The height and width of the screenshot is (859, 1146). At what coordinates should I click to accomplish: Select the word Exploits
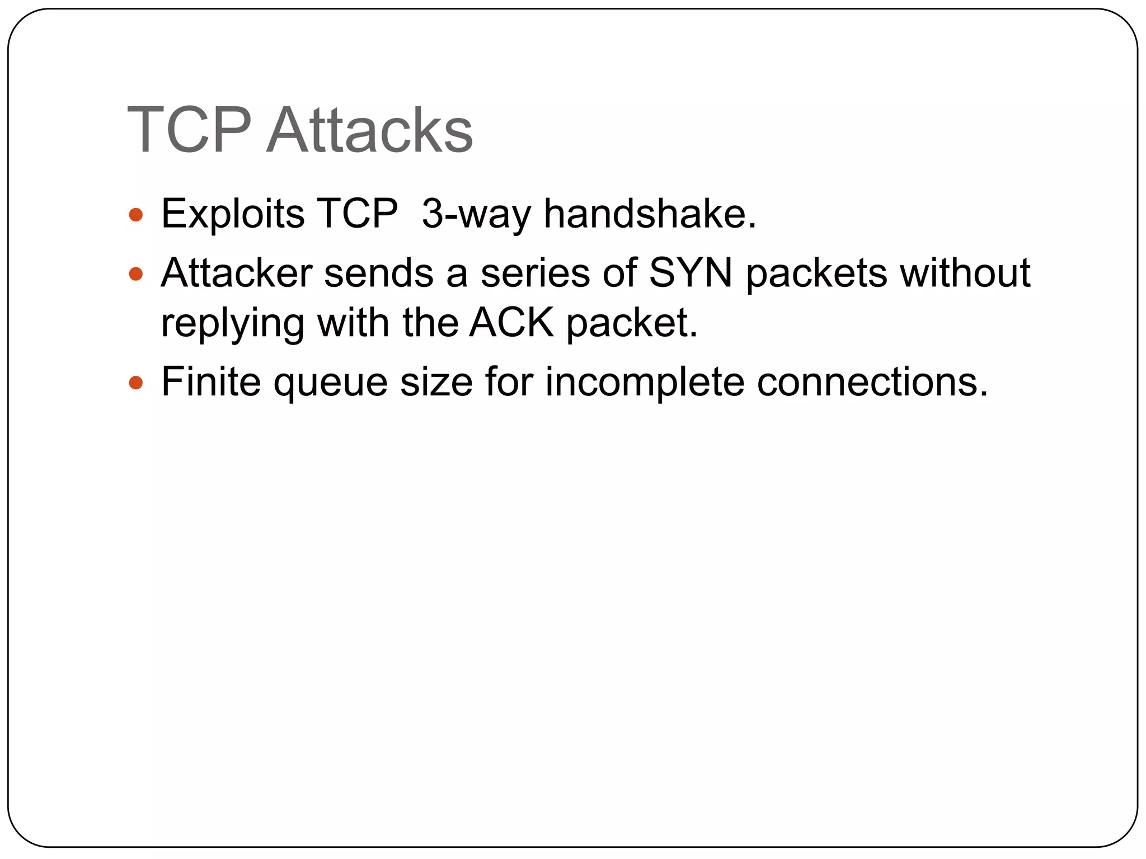tap(233, 214)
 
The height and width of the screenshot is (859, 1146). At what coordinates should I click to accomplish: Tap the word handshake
tap(650, 214)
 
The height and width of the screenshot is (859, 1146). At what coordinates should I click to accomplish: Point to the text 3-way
tap(476, 214)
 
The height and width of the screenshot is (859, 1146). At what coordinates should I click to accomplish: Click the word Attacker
tap(236, 273)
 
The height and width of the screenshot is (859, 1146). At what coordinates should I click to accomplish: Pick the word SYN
tap(691, 273)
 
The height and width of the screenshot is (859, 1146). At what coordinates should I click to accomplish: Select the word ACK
tap(511, 323)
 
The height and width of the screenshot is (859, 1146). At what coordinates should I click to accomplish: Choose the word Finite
tap(211, 382)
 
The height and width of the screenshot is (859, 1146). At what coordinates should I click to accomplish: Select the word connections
tap(873, 382)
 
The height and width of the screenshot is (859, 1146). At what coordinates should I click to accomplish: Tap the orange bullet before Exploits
tap(136, 215)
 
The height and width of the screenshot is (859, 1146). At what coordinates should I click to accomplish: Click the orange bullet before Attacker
tap(136, 273)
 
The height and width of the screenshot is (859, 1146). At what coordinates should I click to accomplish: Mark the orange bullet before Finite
tap(136, 383)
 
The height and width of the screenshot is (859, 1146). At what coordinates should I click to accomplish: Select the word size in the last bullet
tap(436, 382)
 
